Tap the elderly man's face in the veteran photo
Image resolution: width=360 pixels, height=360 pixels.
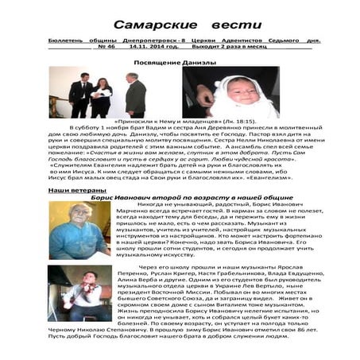pos(77,215)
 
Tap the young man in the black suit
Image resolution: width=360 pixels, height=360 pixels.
pos(79,94)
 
